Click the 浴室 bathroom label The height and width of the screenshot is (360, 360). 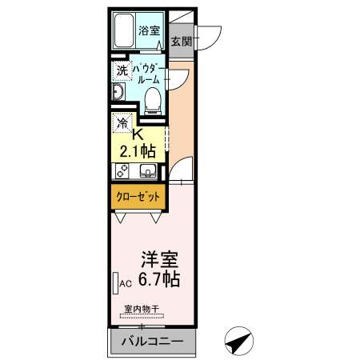pos(149,31)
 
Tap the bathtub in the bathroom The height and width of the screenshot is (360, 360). pos(123,31)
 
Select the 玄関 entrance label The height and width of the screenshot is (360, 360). pos(181,41)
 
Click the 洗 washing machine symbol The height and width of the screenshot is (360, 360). pos(122,70)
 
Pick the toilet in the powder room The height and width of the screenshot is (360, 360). pos(153,98)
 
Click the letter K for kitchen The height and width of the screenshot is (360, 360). pos(137,134)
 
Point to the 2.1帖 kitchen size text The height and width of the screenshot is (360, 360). pos(137,150)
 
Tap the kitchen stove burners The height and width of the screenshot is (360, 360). pos(123,170)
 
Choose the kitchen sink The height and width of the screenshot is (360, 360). pos(147,170)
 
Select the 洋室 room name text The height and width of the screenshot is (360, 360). pos(159,260)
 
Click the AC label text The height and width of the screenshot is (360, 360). pos(126,284)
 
